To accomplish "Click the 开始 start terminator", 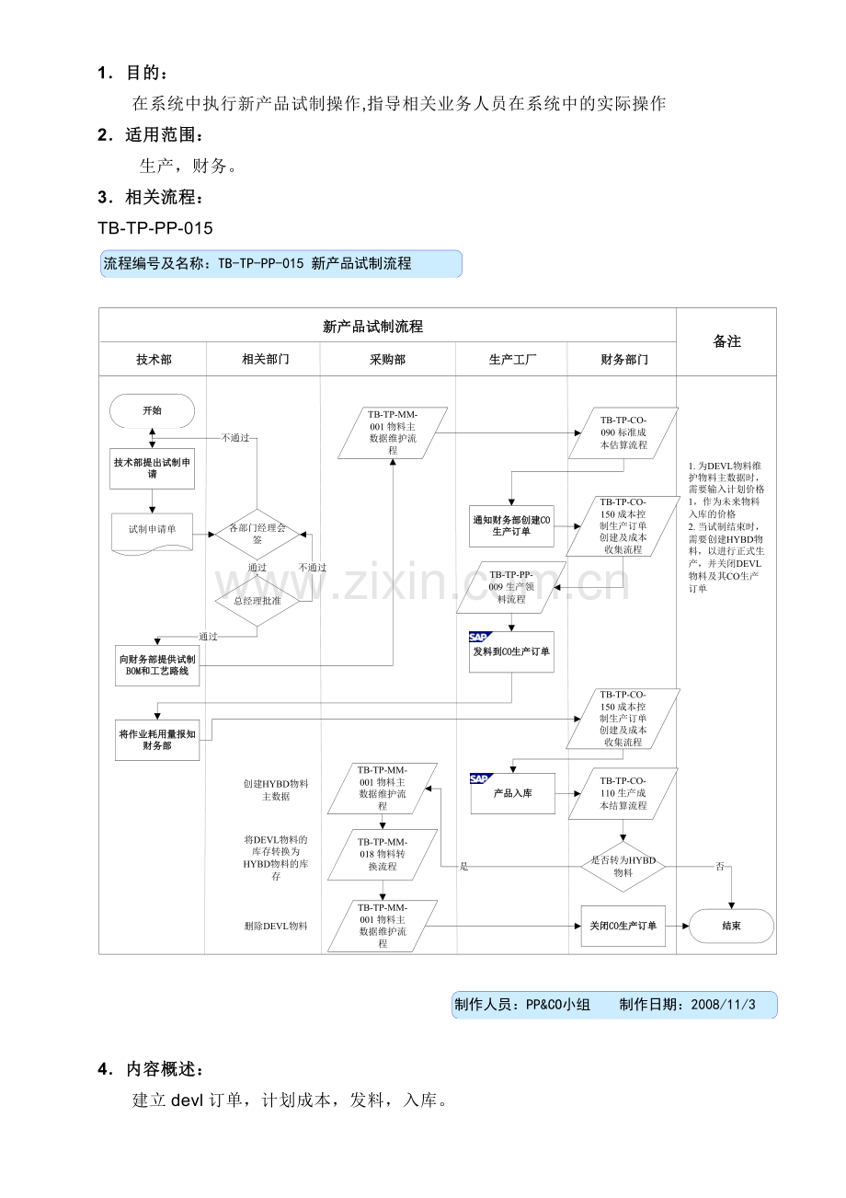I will tap(152, 410).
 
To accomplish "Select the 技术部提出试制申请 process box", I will tap(152, 467).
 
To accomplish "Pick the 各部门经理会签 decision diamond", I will tap(257, 534).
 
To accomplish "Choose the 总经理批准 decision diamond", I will tap(257, 601).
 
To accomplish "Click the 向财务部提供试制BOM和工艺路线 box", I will tap(157, 665).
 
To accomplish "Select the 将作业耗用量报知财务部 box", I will tap(157, 740).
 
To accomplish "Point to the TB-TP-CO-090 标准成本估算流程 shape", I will tap(623, 432).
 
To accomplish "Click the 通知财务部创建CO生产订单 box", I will tap(511, 525).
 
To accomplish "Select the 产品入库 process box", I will tap(513, 793).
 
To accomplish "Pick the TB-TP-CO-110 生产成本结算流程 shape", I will tap(623, 793).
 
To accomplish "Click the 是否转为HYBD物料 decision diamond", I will tap(623, 866).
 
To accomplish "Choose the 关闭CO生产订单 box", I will tap(623, 926).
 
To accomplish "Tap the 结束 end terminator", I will tap(731, 926).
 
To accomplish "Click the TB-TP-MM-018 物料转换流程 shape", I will tap(383, 854).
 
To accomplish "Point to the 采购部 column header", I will tap(387, 360).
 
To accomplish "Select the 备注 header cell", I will tap(726, 341).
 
